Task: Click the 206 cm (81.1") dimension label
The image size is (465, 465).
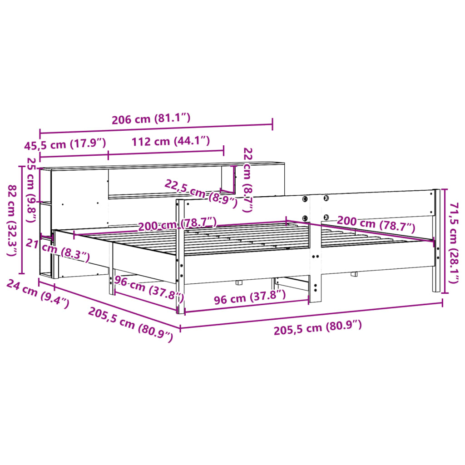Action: [x=151, y=119]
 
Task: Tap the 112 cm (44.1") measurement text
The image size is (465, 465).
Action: [x=171, y=141]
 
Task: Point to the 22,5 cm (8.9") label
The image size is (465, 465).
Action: [x=201, y=193]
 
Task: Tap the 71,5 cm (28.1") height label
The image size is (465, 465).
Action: [x=455, y=242]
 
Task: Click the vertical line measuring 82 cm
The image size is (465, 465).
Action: [x=21, y=220]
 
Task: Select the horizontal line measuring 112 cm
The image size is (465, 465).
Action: [x=166, y=153]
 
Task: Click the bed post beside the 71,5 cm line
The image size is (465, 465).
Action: [x=436, y=241]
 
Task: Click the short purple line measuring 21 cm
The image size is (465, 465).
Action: [x=46, y=237]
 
